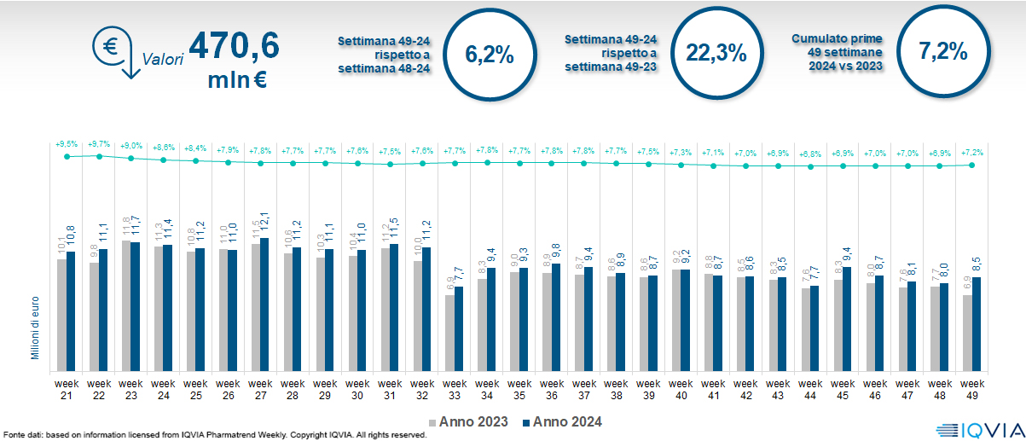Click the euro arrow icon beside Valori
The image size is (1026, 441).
click(x=114, y=52)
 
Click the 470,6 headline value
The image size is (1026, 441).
click(x=234, y=46)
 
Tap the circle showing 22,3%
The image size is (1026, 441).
click(x=716, y=53)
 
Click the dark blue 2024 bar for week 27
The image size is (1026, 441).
click(x=264, y=303)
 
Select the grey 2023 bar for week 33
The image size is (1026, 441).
click(x=449, y=332)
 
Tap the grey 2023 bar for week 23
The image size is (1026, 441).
click(x=126, y=304)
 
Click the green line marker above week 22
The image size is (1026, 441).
click(x=99, y=156)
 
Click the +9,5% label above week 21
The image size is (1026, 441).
click(x=67, y=144)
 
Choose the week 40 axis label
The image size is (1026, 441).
click(x=681, y=389)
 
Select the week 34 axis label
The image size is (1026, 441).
click(x=487, y=389)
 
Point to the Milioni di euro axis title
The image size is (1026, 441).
click(x=36, y=327)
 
